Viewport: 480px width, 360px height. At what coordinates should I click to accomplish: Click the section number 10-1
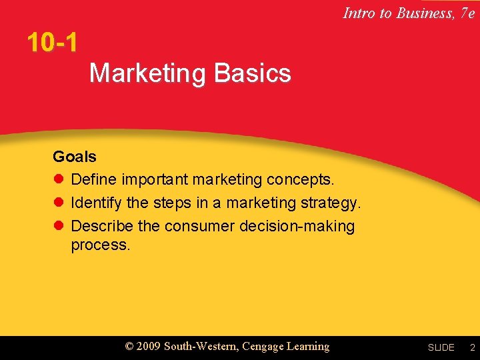tap(52, 43)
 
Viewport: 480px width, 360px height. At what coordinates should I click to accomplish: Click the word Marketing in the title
tap(148, 73)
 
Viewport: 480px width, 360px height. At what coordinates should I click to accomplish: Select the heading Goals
tap(75, 157)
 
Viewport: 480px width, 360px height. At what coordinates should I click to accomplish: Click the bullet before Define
tap(58, 180)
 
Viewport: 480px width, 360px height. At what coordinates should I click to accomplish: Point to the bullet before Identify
tap(58, 203)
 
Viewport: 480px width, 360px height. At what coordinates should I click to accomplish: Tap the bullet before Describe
tap(58, 226)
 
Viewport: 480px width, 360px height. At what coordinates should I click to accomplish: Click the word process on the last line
tap(101, 245)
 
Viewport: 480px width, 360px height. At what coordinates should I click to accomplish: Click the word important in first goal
tap(155, 180)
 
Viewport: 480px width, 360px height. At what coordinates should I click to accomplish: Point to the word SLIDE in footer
tap(441, 347)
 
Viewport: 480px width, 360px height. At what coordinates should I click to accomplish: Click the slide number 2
tap(471, 347)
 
